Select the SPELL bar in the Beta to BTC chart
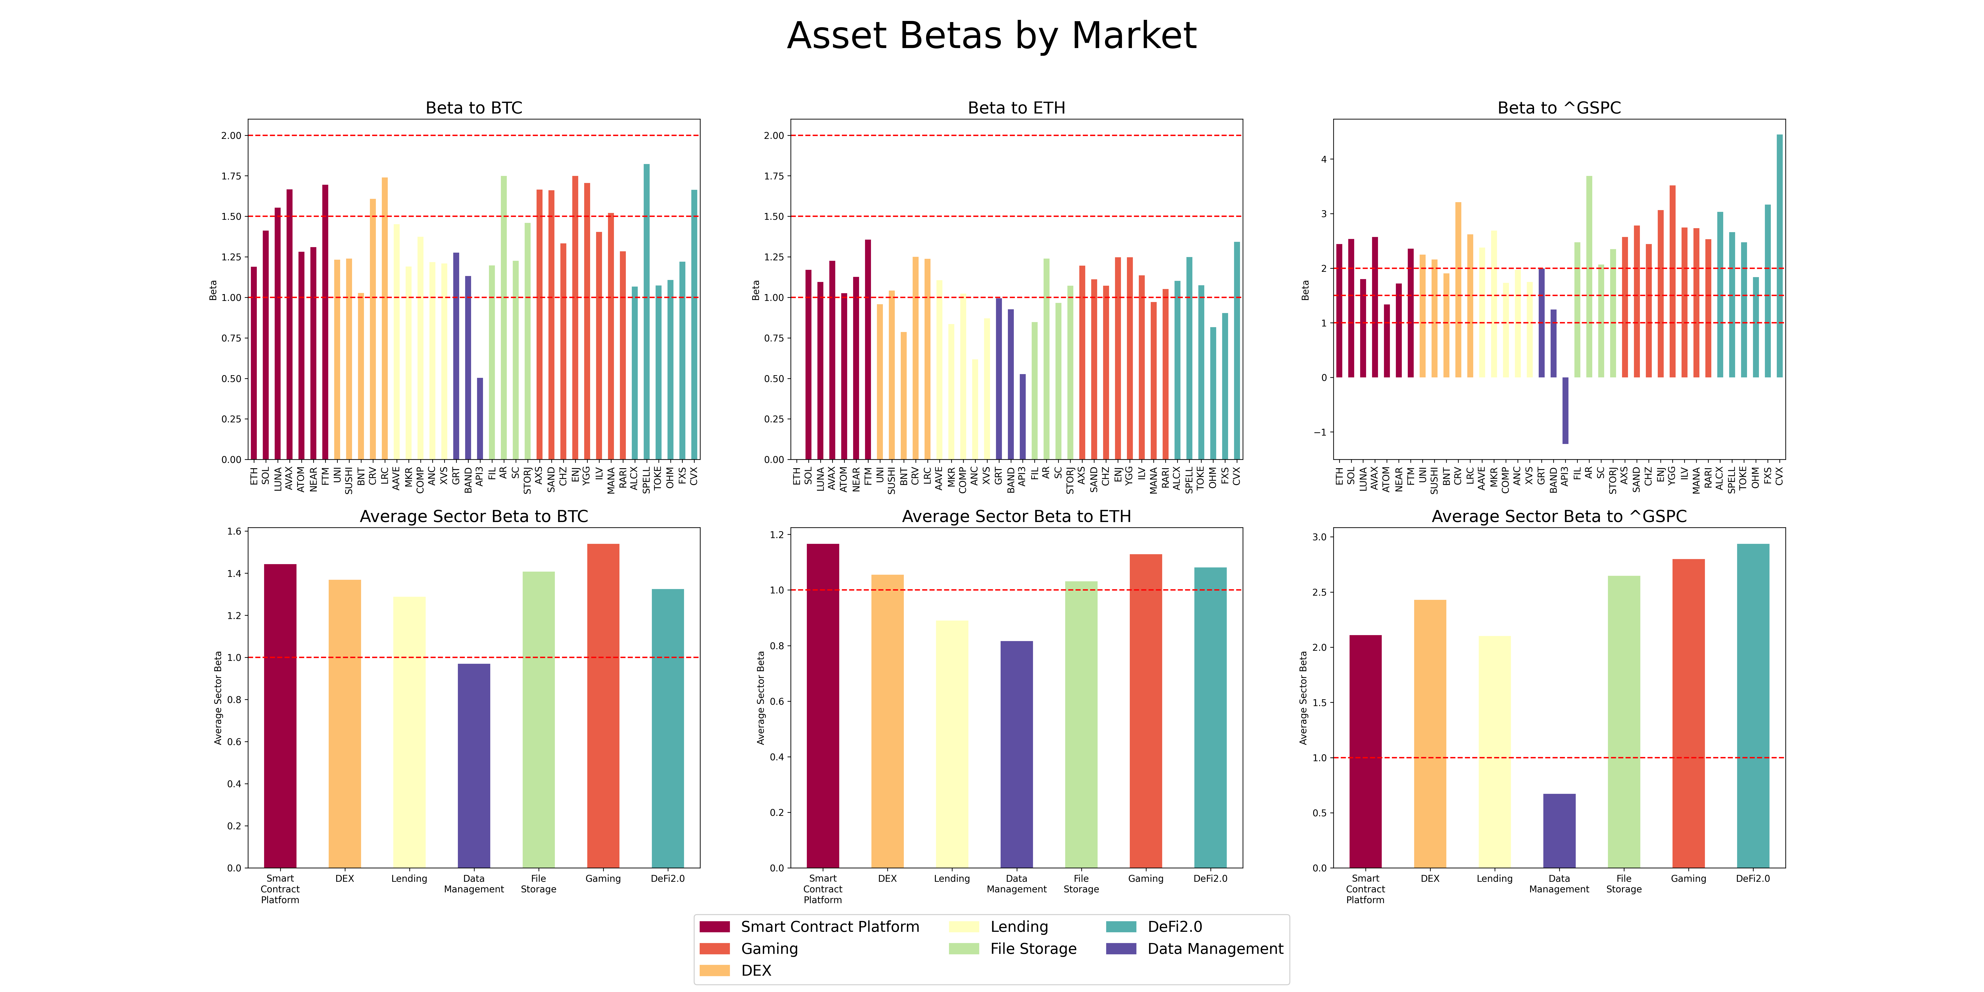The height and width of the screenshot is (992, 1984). pos(646,312)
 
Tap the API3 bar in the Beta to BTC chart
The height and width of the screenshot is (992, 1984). pos(480,419)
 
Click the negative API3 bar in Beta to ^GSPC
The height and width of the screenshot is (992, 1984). pos(1565,410)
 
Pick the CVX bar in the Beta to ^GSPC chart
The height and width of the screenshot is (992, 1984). pos(1779,256)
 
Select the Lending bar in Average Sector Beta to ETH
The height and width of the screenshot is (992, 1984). pos(952,744)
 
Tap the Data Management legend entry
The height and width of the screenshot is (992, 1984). pos(1195,949)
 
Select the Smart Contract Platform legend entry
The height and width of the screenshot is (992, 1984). pos(809,927)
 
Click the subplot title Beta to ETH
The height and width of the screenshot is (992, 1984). pos(1017,108)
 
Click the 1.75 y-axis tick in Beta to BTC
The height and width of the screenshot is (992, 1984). pos(231,176)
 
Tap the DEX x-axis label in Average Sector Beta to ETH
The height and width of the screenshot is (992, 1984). pos(887,879)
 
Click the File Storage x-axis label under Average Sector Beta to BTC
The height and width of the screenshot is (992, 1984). pos(538,884)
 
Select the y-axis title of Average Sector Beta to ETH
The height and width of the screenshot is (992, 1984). pos(761,698)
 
